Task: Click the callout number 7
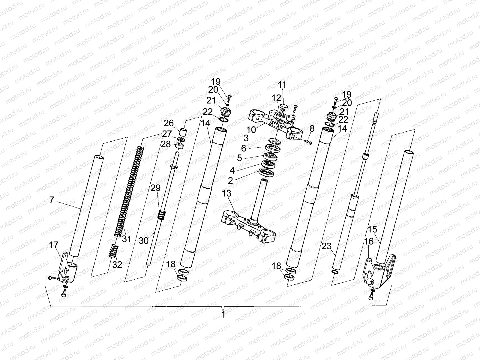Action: [x=52, y=200]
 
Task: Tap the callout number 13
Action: [x=227, y=194]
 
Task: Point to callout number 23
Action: [x=326, y=246]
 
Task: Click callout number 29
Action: [x=156, y=188]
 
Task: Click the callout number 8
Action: [x=312, y=129]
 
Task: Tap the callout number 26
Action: [x=169, y=123]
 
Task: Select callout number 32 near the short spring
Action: [x=117, y=264]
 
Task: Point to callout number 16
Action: [x=369, y=241]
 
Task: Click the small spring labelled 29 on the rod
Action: [x=162, y=215]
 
